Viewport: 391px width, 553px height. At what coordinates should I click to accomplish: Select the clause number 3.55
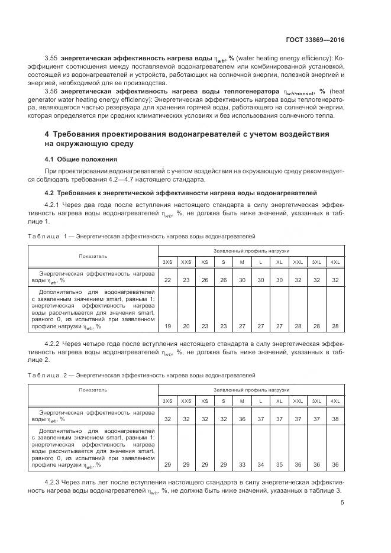pos(53,58)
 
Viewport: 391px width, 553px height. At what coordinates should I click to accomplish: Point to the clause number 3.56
pos(53,92)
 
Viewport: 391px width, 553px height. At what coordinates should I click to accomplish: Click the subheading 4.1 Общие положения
pos(81,159)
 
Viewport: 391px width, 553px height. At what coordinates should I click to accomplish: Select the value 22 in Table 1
pos(167,280)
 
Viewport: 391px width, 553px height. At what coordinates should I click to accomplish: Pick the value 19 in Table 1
pos(167,326)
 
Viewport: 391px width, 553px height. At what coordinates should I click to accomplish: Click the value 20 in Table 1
pos(186,326)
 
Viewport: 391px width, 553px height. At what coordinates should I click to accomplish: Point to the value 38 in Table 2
pos(335,419)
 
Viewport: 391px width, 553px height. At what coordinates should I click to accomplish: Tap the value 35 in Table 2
pos(279,465)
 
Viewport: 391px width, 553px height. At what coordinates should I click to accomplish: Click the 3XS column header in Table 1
pos(167,261)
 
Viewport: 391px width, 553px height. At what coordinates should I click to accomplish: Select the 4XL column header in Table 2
pos(335,400)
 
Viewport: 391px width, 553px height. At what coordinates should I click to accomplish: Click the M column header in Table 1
pos(242,261)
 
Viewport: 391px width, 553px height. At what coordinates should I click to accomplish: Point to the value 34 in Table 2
pos(260,465)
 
